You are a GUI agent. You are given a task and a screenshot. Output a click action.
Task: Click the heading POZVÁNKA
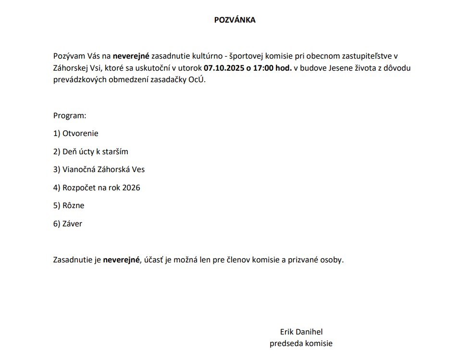point(235,20)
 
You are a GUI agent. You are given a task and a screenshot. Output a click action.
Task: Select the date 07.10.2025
point(224,68)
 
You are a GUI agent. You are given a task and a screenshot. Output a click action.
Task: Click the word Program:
point(70,116)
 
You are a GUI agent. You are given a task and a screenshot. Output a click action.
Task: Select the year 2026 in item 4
point(131,187)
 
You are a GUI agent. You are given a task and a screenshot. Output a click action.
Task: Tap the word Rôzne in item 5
point(73,206)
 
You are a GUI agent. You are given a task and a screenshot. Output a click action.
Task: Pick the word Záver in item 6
point(72,223)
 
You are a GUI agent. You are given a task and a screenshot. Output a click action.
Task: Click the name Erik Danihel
point(301,332)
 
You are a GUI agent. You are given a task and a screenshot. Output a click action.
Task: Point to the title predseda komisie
point(301,343)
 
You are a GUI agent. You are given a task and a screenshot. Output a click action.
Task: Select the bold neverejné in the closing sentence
point(121,260)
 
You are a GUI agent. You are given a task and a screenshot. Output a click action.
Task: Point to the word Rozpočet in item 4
point(79,187)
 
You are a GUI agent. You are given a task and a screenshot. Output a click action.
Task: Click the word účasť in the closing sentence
point(154,260)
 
